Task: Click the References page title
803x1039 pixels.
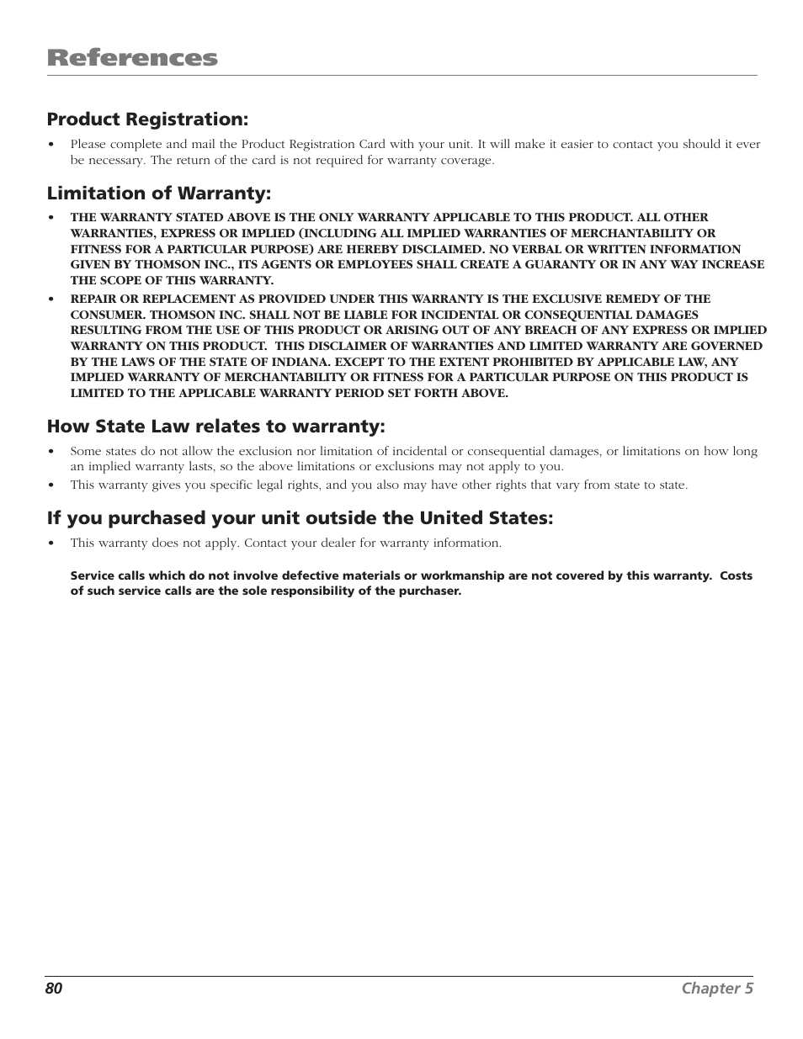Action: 132,58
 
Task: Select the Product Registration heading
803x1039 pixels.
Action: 147,119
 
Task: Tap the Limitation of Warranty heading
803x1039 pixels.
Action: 159,193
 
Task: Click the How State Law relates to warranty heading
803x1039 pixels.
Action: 215,427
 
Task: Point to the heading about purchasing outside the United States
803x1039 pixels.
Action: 300,518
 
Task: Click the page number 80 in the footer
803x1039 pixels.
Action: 54,989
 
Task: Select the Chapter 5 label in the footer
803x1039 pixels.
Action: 717,989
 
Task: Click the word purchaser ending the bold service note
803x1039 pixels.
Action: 431,591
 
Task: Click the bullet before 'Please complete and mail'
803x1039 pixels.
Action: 52,144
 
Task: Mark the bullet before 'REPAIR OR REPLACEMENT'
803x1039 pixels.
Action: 52,299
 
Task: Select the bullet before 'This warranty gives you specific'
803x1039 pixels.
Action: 52,485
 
